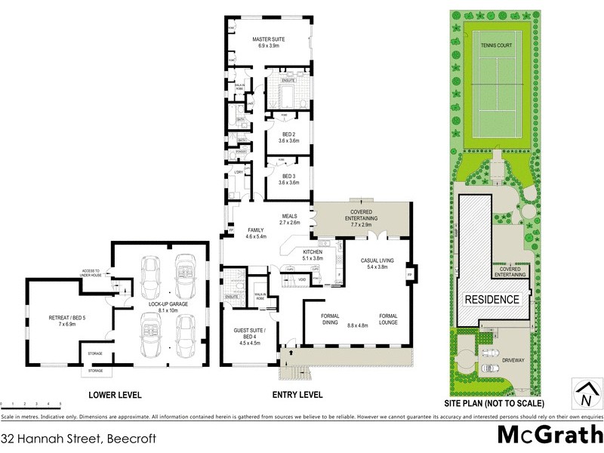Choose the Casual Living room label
click(381, 263)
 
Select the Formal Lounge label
click(388, 320)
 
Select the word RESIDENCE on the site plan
click(492, 300)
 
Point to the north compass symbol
click(585, 393)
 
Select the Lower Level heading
click(115, 395)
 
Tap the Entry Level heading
click(297, 395)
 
